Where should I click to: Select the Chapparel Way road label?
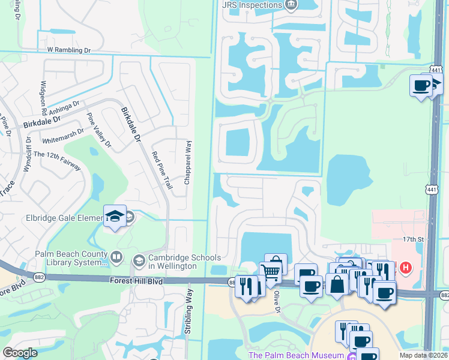pyautogui.click(x=188, y=162)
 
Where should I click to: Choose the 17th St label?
pyautogui.click(x=414, y=239)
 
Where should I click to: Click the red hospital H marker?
pyautogui.click(x=406, y=267)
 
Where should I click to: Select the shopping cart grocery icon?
pyautogui.click(x=271, y=273)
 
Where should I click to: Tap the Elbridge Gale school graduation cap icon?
pyautogui.click(x=114, y=217)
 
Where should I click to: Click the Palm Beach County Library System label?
pyautogui.click(x=71, y=257)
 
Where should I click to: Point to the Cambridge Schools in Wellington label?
pyautogui.click(x=173, y=262)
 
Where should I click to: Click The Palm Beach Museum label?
pyautogui.click(x=295, y=355)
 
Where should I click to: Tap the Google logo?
pyautogui.click(x=20, y=353)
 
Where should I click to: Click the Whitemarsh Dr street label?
pyautogui.click(x=63, y=137)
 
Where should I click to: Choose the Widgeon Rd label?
pyautogui.click(x=43, y=98)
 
